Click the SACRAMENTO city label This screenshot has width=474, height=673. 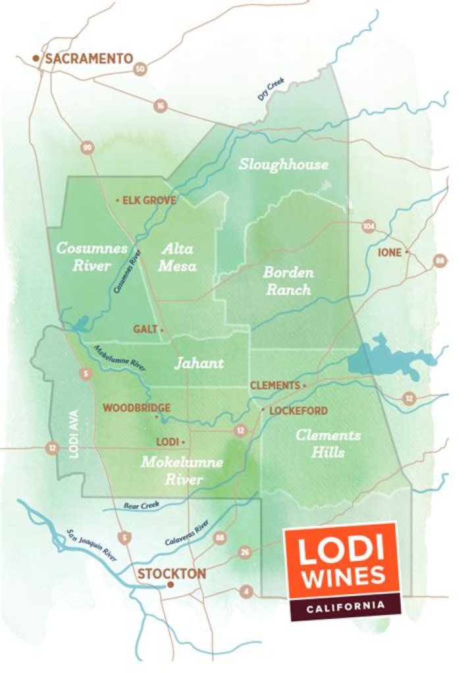pos(88,59)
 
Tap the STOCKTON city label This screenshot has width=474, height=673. pos(171,574)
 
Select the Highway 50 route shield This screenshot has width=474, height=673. pos(140,68)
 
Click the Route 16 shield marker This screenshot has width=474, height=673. pos(160,105)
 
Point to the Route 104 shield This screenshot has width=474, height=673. pos(369,227)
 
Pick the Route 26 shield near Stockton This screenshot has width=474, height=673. pos(245,552)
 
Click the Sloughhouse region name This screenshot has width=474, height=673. pos(283,164)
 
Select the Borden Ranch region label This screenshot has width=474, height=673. pos(288,281)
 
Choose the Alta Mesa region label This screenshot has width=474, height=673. pos(178,257)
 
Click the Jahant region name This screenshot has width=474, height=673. pos(198,363)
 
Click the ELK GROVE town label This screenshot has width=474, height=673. pos(149,200)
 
